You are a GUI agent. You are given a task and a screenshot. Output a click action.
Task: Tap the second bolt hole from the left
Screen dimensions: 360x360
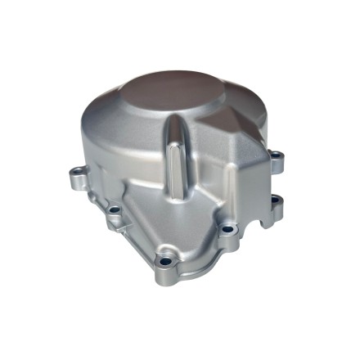pos(115,209)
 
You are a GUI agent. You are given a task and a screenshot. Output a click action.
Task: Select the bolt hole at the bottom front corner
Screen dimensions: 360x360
pos(168,262)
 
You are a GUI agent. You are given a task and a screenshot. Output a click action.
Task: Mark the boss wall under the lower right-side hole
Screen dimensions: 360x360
pos(276,211)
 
